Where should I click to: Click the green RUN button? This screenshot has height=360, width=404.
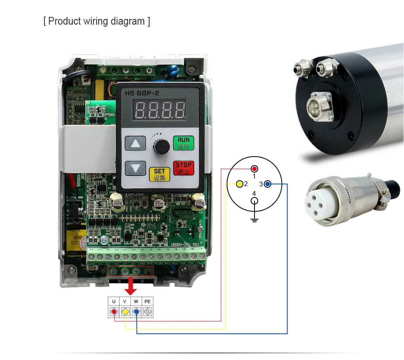[183, 143]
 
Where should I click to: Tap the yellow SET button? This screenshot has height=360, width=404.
[160, 174]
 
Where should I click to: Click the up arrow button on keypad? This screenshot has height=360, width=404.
[135, 143]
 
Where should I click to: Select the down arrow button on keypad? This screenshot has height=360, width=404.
[135, 168]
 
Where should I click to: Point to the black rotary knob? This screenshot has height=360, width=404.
[160, 147]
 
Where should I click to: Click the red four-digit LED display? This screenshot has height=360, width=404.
[160, 110]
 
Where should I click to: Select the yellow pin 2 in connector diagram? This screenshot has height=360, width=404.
[240, 184]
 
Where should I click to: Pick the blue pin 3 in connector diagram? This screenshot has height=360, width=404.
[268, 184]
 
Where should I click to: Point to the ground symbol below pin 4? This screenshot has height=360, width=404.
[254, 220]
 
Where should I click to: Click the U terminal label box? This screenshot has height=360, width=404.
[114, 301]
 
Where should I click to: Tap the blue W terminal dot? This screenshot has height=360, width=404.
[137, 312]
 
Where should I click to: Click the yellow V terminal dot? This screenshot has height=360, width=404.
[125, 312]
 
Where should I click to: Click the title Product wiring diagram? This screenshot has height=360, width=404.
[97, 21]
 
